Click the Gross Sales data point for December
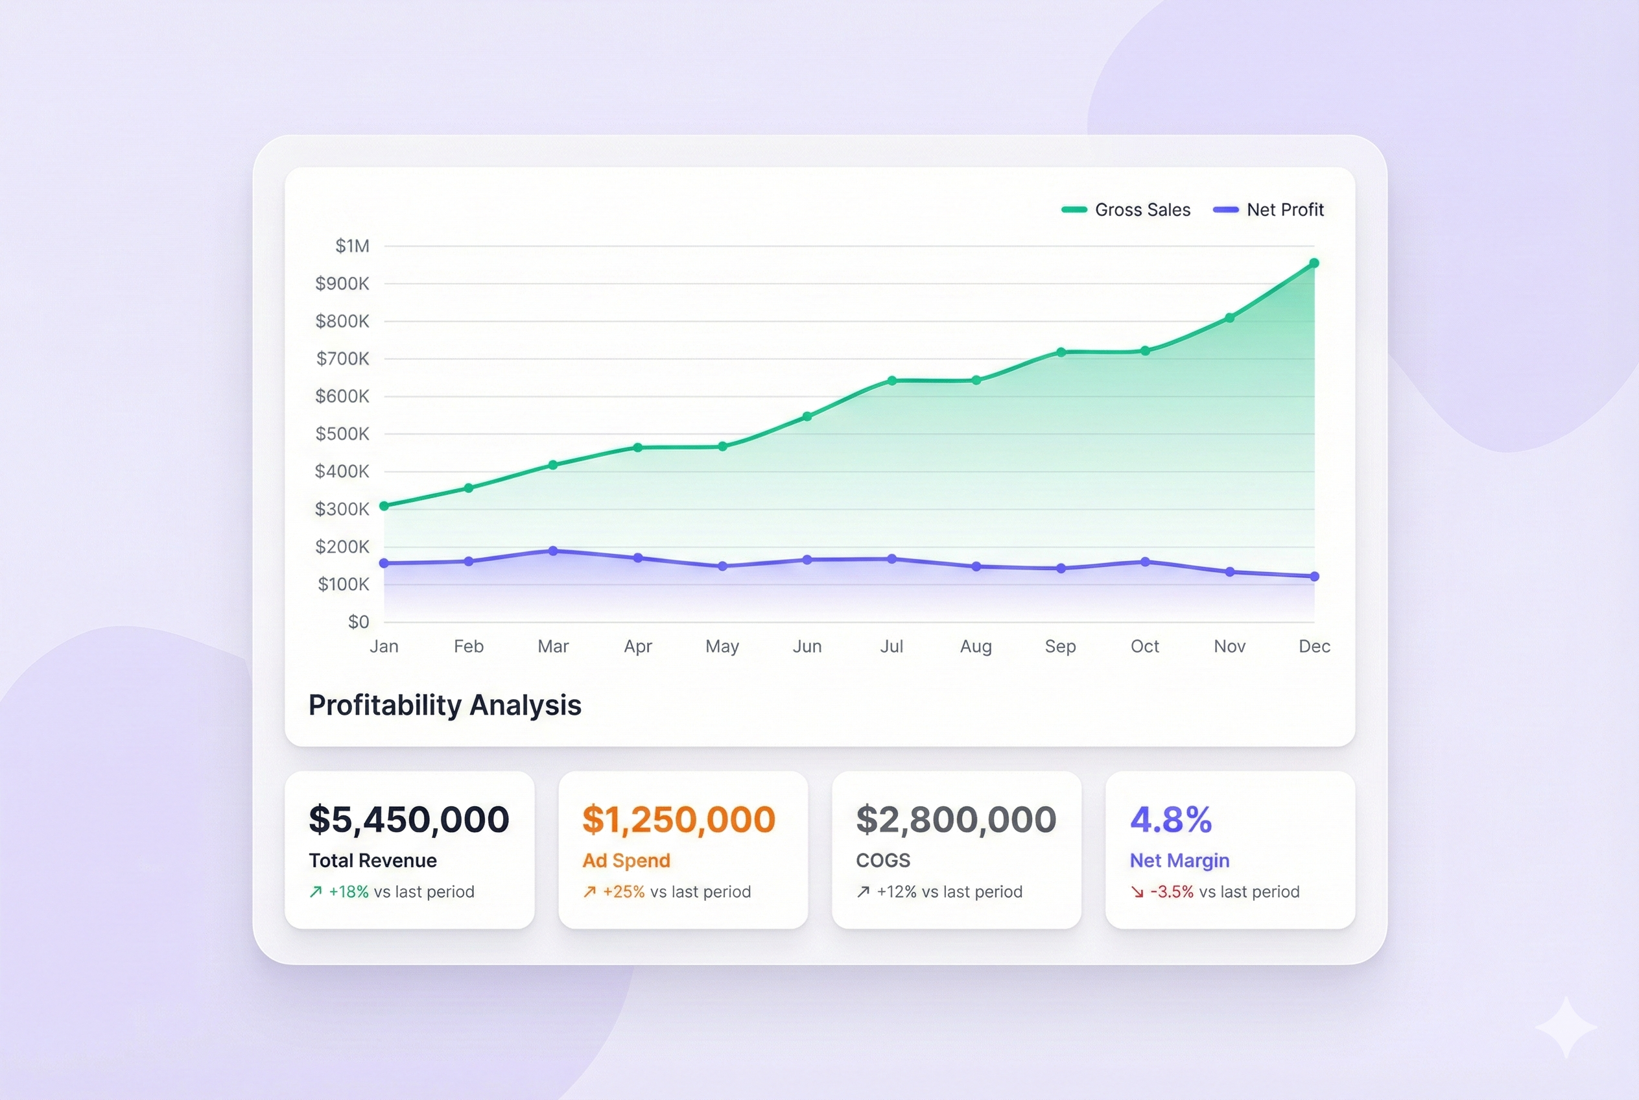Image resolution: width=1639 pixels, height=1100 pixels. pos(1314,264)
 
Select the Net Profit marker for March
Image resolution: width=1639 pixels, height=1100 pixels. pos(552,551)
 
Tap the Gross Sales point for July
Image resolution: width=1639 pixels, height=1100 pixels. pos(891,381)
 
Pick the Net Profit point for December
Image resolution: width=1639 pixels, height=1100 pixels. pos(1314,577)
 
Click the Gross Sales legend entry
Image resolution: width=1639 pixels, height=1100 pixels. pos(1126,209)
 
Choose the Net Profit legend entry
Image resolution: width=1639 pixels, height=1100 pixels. pos(1269,209)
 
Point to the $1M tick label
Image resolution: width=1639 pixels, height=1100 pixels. pos(352,246)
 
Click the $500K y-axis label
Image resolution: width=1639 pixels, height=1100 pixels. pos(342,433)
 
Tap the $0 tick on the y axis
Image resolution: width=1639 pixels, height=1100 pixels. pos(359,621)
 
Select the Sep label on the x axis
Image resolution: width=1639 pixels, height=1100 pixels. pos(1059,646)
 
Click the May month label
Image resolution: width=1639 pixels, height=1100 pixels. pos(722,646)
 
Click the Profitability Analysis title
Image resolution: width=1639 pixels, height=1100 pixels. pos(445,705)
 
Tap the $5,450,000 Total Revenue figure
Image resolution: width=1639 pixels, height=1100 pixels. pos(409,819)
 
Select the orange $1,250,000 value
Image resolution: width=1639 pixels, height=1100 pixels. pos(679,819)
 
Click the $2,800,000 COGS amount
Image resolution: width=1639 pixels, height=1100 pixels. pos(956,819)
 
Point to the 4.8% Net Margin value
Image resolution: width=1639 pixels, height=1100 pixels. pos(1170,819)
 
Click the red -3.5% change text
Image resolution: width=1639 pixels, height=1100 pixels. pos(1171,892)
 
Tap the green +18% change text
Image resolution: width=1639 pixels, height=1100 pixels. pos(349,892)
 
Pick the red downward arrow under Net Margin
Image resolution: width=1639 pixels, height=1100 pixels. pos(1137,892)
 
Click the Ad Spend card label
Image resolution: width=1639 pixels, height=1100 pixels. pos(626,861)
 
